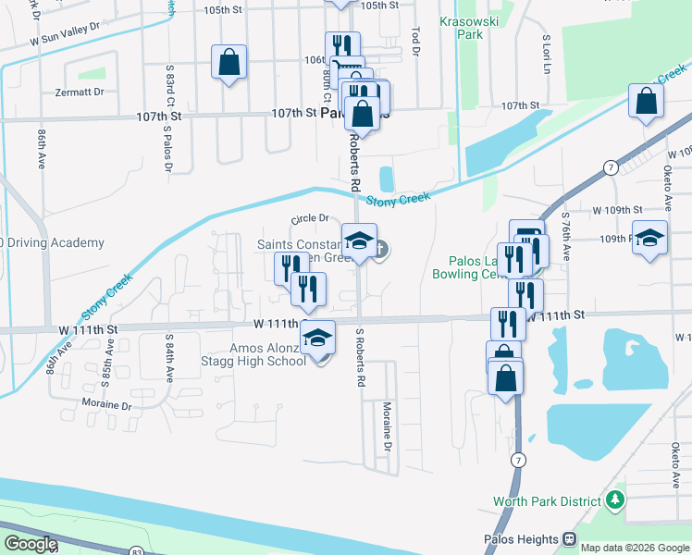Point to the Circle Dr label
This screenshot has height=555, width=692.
pos(310,219)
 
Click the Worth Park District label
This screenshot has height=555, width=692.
pos(545,502)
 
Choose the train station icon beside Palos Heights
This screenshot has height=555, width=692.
pos(570,539)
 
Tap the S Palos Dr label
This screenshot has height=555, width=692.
pos(167,146)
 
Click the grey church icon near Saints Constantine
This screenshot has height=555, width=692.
pos(380,248)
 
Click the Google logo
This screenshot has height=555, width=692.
pos(30,544)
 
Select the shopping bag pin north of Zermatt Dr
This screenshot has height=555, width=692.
pos(229,63)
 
